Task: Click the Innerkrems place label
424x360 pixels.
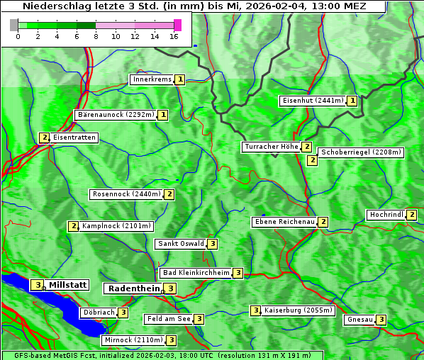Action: (152, 79)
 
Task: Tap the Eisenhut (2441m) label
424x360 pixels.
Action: (312, 101)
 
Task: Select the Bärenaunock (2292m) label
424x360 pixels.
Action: (114, 114)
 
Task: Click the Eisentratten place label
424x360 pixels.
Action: (74, 137)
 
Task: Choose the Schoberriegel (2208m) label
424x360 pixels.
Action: (361, 152)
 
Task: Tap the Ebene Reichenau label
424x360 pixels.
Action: (284, 222)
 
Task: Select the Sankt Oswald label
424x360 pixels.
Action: (180, 244)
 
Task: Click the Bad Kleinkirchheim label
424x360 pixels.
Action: (196, 273)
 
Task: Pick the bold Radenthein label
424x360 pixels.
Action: (133, 288)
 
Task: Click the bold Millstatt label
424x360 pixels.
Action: (67, 285)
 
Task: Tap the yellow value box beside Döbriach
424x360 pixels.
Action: (123, 313)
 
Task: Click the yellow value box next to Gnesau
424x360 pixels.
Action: (381, 320)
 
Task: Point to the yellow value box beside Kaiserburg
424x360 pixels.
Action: (255, 310)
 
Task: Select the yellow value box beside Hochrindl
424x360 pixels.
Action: (413, 215)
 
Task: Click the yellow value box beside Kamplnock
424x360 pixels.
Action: (73, 226)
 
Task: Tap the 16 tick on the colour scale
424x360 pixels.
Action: (174, 36)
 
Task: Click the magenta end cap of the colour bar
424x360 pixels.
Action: (177, 25)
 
